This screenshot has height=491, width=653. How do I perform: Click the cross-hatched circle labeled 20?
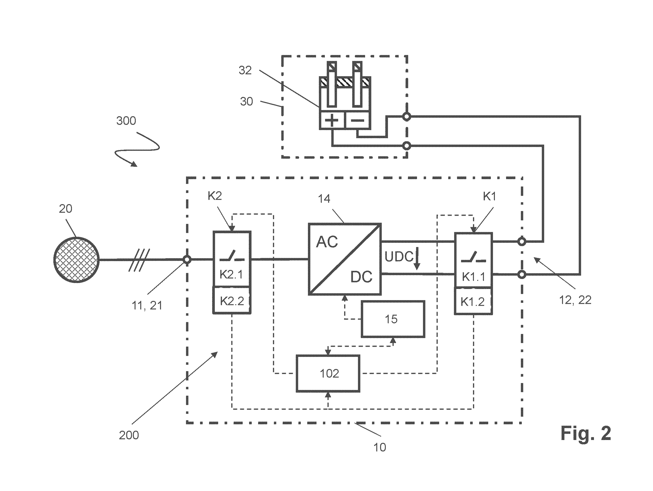pyautogui.click(x=76, y=260)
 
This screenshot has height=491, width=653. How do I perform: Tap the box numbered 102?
pyautogui.click(x=328, y=374)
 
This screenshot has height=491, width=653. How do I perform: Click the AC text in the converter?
pyautogui.click(x=327, y=242)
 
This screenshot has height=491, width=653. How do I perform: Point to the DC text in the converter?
pyautogui.click(x=361, y=277)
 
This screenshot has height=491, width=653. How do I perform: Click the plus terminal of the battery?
pyautogui.click(x=332, y=120)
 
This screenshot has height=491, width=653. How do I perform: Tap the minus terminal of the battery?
pyautogui.click(x=358, y=120)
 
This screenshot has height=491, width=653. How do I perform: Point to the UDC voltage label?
pyautogui.click(x=399, y=257)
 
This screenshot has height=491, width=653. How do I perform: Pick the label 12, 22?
pyautogui.click(x=575, y=300)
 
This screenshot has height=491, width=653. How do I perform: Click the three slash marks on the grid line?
pyautogui.click(x=139, y=260)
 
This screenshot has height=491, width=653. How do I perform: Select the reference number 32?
pyautogui.click(x=245, y=70)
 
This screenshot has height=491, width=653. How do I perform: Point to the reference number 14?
pyautogui.click(x=324, y=199)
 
